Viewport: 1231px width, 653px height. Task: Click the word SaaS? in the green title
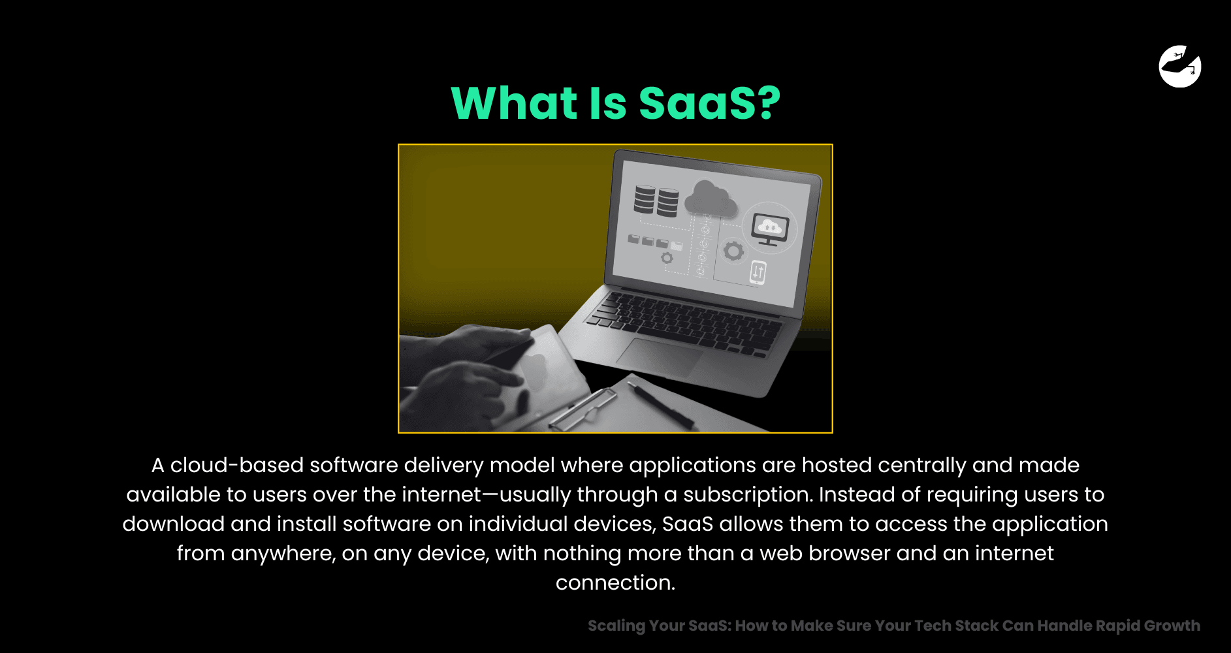click(709, 103)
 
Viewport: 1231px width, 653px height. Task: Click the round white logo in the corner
click(1180, 66)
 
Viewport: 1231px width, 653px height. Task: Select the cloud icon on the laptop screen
click(711, 199)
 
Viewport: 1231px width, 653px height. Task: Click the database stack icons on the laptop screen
click(656, 200)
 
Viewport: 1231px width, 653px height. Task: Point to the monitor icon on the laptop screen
click(769, 230)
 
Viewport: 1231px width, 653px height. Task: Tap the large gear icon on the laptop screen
click(733, 251)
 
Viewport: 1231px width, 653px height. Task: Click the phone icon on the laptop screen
click(758, 272)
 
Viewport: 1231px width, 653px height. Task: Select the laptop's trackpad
click(659, 357)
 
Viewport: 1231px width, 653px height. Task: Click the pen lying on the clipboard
click(661, 406)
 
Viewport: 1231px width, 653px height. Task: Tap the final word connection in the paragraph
click(615, 582)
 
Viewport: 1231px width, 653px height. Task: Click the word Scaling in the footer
click(616, 626)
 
